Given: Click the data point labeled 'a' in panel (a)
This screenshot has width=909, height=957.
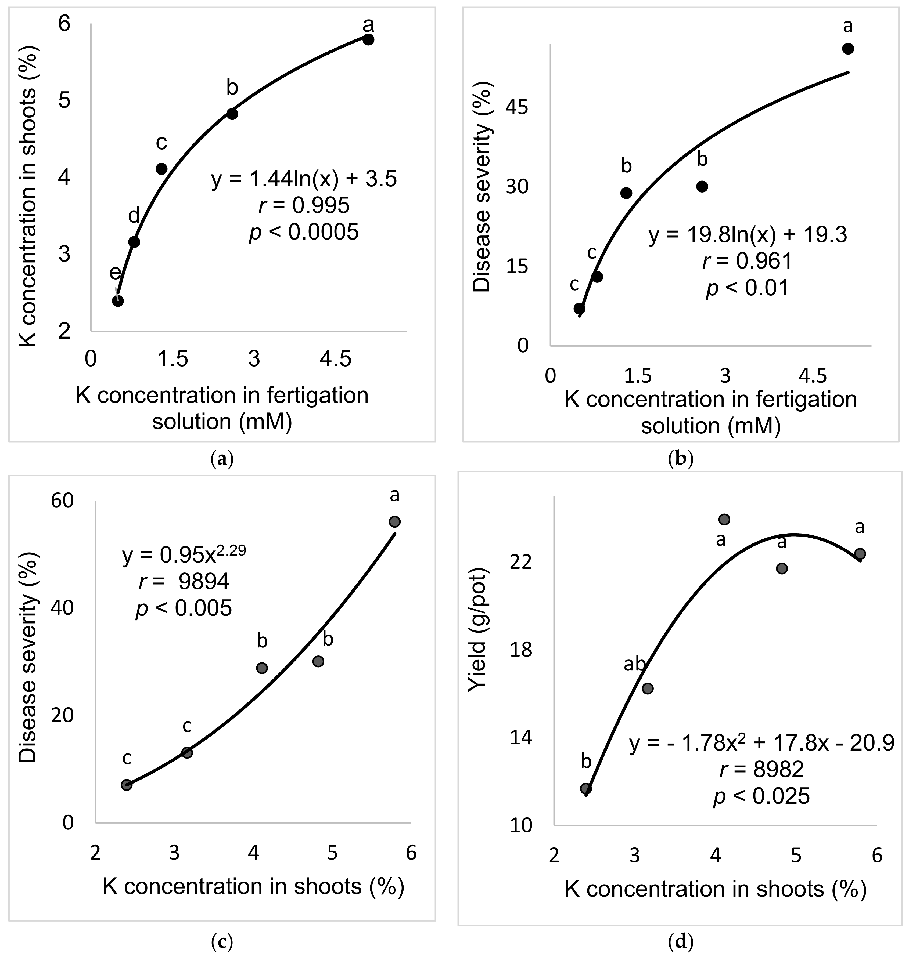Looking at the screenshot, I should pos(368,40).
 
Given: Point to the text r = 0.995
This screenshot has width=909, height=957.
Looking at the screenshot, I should pos(304,206).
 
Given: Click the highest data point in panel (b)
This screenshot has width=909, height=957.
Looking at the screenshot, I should pos(848,48).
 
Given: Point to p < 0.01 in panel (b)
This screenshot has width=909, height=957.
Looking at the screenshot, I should pos(748,288).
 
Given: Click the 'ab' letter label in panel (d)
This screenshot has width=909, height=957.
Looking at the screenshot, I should pos(634,665).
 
